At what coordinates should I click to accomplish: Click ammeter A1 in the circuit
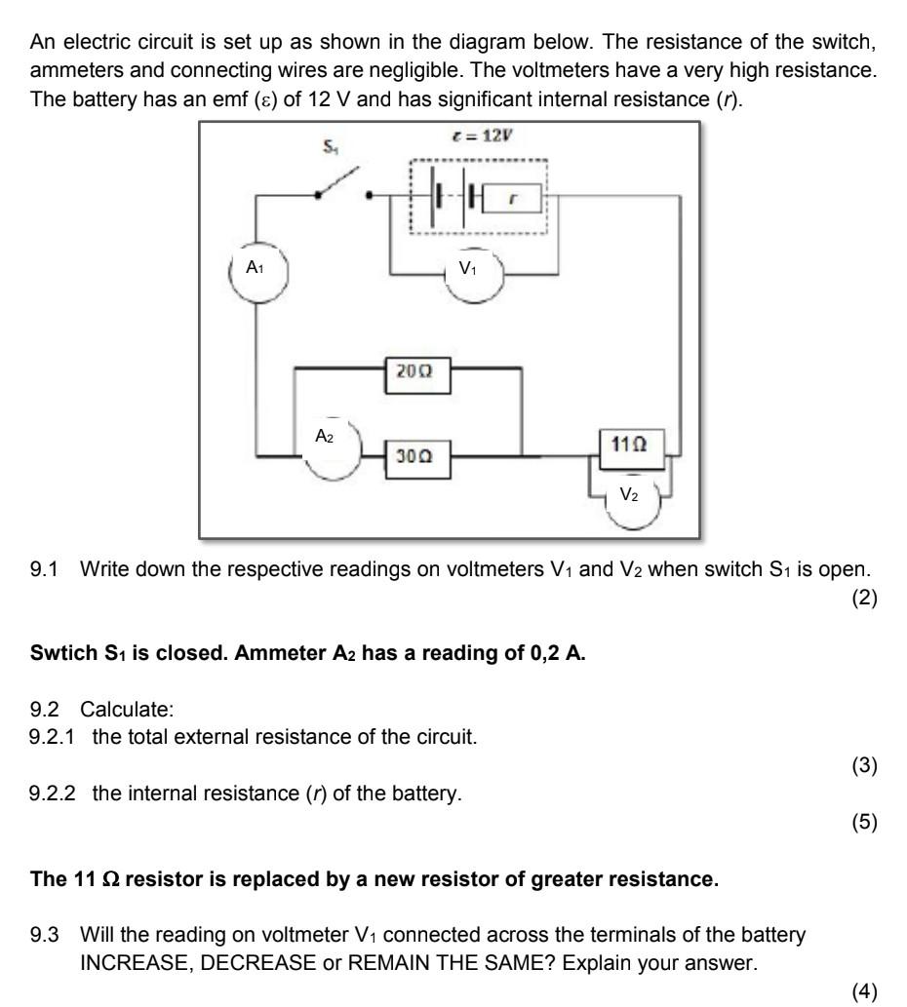click(x=256, y=268)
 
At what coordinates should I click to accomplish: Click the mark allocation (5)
click(x=863, y=823)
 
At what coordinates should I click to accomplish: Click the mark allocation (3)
click(x=863, y=764)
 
